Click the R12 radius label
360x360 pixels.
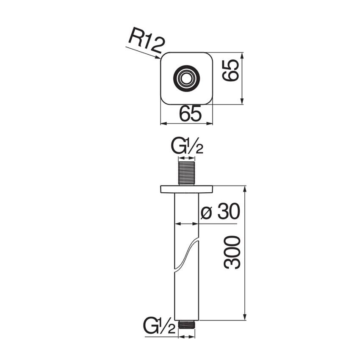tap(146, 42)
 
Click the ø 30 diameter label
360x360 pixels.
tap(220, 212)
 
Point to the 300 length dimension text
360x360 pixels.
tap(233, 252)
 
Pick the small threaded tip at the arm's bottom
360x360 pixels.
tap(186, 324)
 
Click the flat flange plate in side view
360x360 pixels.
tap(186, 189)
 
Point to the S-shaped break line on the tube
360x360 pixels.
tap(187, 254)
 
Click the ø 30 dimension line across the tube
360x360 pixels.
tap(186, 223)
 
